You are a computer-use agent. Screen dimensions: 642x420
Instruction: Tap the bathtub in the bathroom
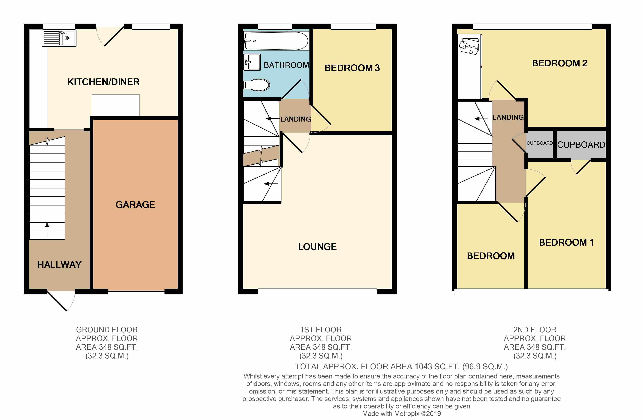276,41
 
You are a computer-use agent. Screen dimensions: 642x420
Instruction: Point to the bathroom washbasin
252,62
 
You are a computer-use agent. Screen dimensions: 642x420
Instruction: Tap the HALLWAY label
60,264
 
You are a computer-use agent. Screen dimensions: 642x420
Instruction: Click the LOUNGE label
317,246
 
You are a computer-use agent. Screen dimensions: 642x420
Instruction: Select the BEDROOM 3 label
352,68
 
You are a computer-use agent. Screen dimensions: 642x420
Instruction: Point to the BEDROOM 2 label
559,63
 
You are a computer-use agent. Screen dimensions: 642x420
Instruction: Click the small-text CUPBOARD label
539,143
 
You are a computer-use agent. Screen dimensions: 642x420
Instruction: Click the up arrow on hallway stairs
47,229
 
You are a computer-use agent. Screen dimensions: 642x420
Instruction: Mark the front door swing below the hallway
61,301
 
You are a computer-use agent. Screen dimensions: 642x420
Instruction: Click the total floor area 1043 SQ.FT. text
401,367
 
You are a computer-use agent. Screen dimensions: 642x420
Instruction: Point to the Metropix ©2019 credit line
401,414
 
